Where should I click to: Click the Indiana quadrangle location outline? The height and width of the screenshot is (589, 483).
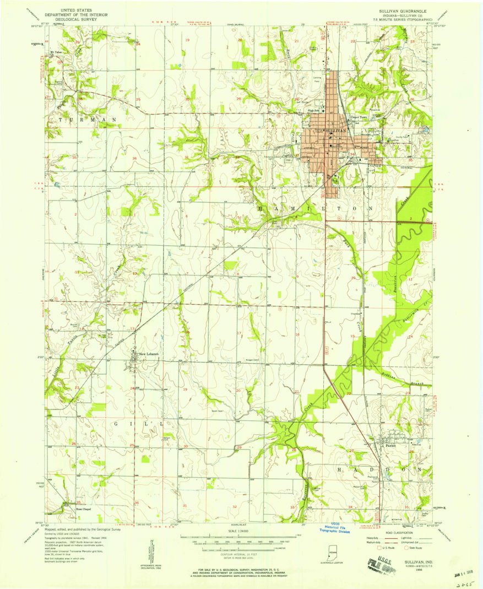[x=331, y=553]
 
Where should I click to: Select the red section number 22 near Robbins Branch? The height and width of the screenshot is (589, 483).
[x=349, y=393]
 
